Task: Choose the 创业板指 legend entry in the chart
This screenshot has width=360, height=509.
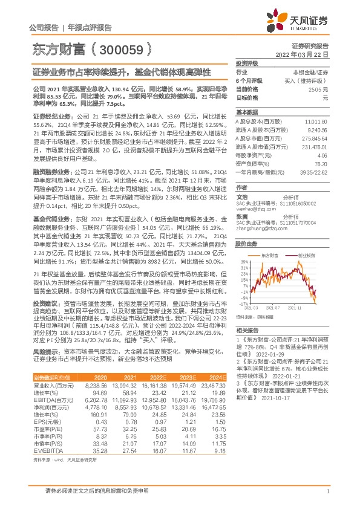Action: pyautogui.click(x=308, y=256)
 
